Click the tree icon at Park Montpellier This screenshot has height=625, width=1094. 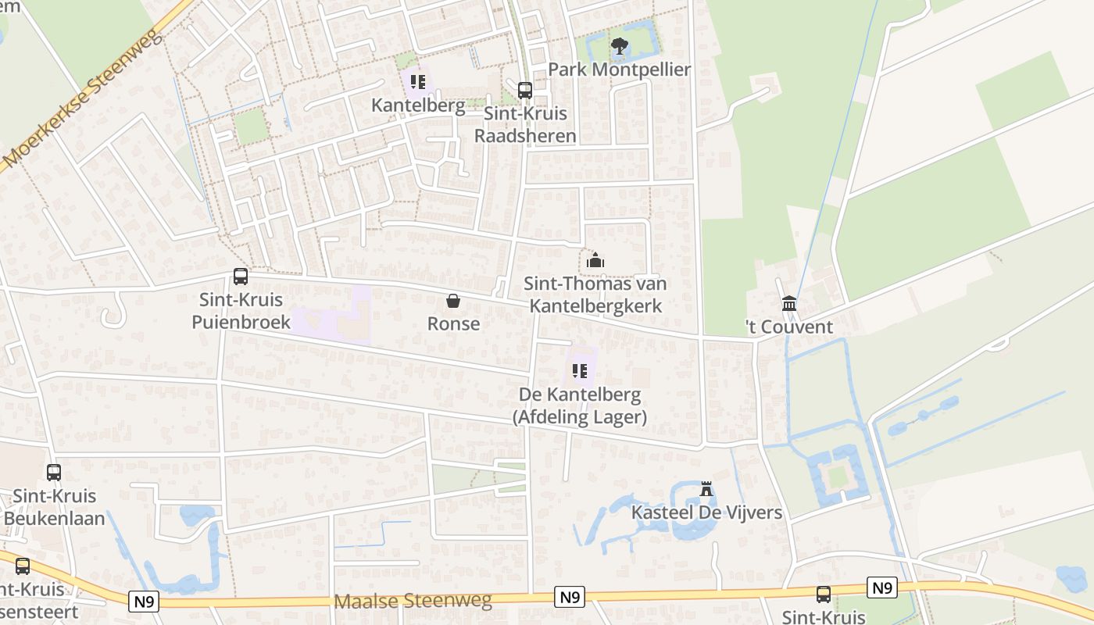(x=619, y=46)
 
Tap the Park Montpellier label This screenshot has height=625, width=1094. (x=619, y=70)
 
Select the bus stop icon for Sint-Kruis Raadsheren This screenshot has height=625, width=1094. (x=525, y=90)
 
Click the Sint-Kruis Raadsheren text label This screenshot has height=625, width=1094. (x=526, y=124)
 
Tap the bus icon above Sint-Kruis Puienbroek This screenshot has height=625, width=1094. (x=241, y=277)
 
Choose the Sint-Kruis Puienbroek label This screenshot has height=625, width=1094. (x=241, y=311)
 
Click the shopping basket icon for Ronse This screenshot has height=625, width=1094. (x=453, y=301)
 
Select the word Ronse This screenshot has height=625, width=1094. (x=453, y=323)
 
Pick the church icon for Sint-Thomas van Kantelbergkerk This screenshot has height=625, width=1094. (x=595, y=261)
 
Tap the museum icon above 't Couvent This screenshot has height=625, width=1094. (x=789, y=303)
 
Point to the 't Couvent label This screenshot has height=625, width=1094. (x=789, y=327)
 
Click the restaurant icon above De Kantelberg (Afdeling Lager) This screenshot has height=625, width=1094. (x=579, y=371)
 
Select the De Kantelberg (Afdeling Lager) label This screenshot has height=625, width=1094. (x=579, y=405)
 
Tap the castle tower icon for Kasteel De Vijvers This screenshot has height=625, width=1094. (x=706, y=490)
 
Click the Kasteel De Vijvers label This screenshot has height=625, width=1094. (x=706, y=512)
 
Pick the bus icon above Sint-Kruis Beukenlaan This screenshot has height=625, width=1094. (x=54, y=473)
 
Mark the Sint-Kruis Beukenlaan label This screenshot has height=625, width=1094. (x=54, y=507)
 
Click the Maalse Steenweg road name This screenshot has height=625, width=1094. (x=413, y=600)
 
